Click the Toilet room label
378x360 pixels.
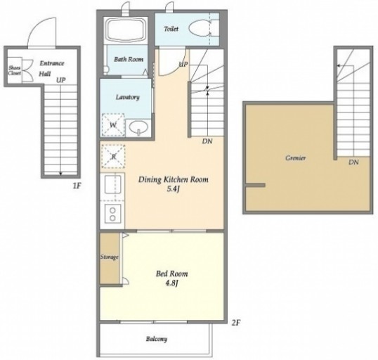[x=171, y=29]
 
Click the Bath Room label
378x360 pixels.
[x=129, y=59]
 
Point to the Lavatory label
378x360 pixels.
[x=128, y=97]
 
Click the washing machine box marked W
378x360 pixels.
[x=113, y=125]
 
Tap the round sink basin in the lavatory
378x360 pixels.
[x=138, y=127]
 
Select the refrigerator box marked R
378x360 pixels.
[x=113, y=156]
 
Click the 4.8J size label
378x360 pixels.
[x=171, y=283]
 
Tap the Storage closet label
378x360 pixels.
[x=109, y=257]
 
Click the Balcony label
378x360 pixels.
[x=157, y=339]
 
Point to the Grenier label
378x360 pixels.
[x=296, y=158]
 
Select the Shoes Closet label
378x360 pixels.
[x=15, y=70]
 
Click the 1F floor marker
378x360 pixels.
[x=77, y=186]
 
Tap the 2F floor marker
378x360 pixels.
[x=236, y=322]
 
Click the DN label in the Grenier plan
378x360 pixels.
[x=353, y=162]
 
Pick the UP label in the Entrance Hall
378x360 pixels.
[x=60, y=80]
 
